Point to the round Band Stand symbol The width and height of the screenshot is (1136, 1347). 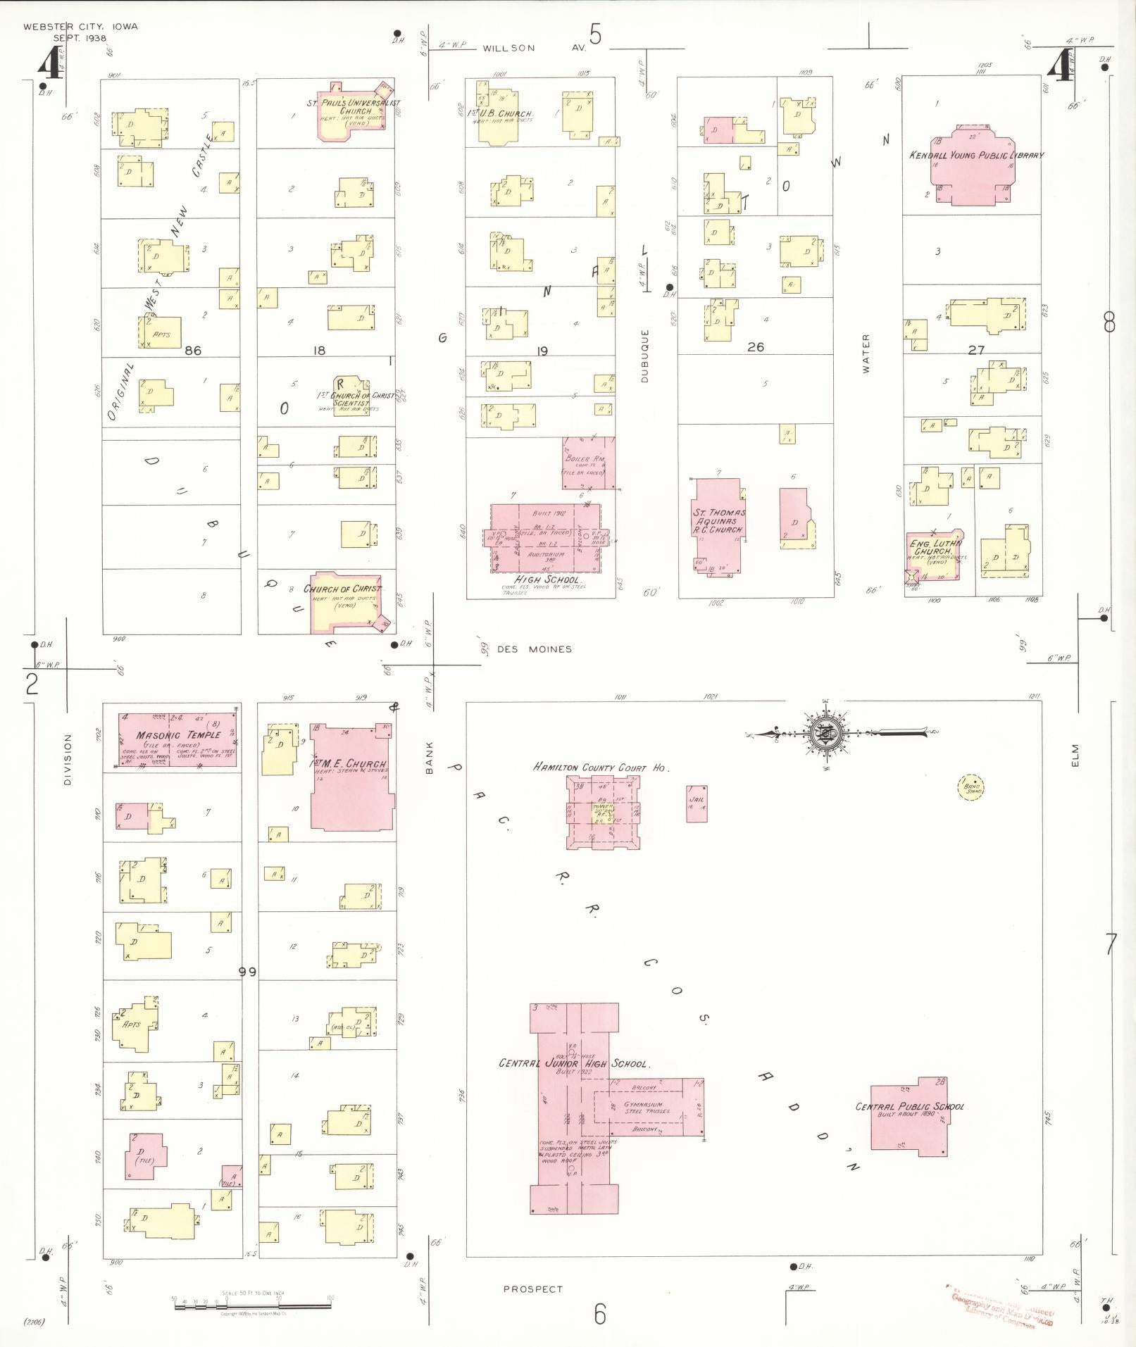point(970,787)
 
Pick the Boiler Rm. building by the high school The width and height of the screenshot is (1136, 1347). point(588,463)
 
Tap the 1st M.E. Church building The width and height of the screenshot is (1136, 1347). point(351,775)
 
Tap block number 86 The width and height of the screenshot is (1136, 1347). point(192,350)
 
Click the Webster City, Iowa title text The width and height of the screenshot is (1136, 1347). point(80,27)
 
